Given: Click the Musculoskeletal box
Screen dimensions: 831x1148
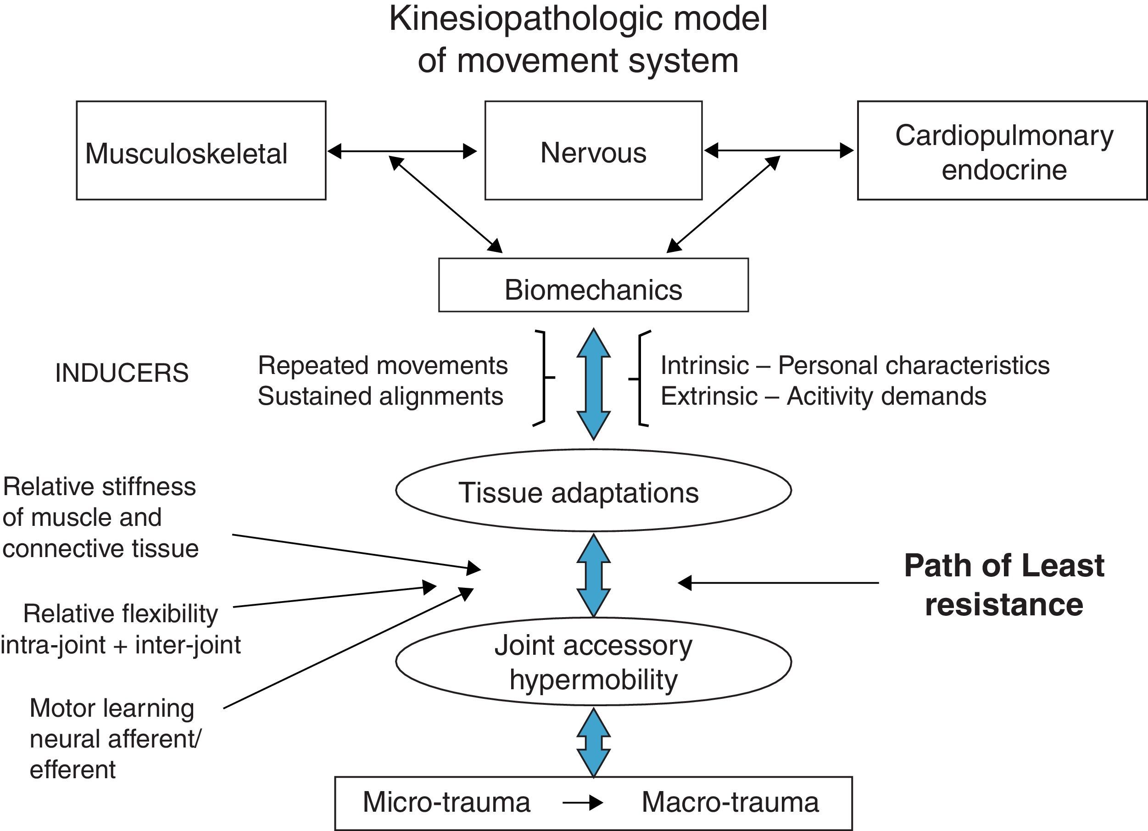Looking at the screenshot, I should coord(201,151).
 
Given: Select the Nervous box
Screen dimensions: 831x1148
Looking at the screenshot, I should coord(593,151).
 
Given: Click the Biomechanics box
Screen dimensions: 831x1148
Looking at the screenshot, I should coord(593,285).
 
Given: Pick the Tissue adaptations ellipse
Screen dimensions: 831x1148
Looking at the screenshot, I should coord(593,491).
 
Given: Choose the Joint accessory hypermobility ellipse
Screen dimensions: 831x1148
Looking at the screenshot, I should coord(593,662).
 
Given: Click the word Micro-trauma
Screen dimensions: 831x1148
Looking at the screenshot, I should coord(446,802).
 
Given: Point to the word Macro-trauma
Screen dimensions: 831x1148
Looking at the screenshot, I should coord(730,802).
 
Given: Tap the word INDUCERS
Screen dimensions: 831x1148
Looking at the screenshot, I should coord(122,373).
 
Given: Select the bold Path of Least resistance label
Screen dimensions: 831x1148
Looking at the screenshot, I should coord(1004,585).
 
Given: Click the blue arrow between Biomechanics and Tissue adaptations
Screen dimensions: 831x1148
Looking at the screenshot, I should coord(593,384).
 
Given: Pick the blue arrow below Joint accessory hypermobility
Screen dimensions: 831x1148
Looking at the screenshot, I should coord(593,742).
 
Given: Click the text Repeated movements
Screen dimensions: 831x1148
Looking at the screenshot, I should coord(383,365).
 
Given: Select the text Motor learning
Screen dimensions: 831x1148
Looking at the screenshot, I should coord(112,708).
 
